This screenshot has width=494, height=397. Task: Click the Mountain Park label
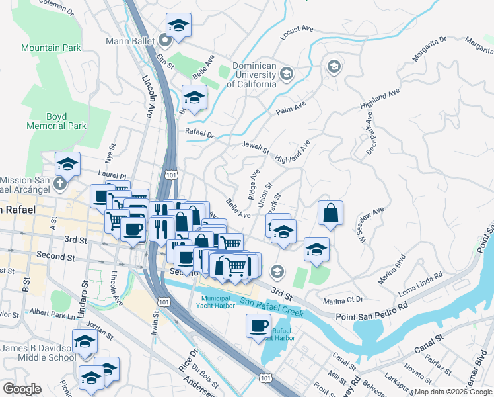point(51,48)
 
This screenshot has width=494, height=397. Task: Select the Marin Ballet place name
point(130,41)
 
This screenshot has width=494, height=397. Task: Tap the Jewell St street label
point(256,148)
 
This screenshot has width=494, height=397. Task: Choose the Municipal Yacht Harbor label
point(221,302)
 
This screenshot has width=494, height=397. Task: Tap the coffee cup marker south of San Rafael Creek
point(258,324)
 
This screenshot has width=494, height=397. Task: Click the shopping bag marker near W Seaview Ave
point(330,213)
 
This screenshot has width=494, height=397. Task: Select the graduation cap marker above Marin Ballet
point(178,25)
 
